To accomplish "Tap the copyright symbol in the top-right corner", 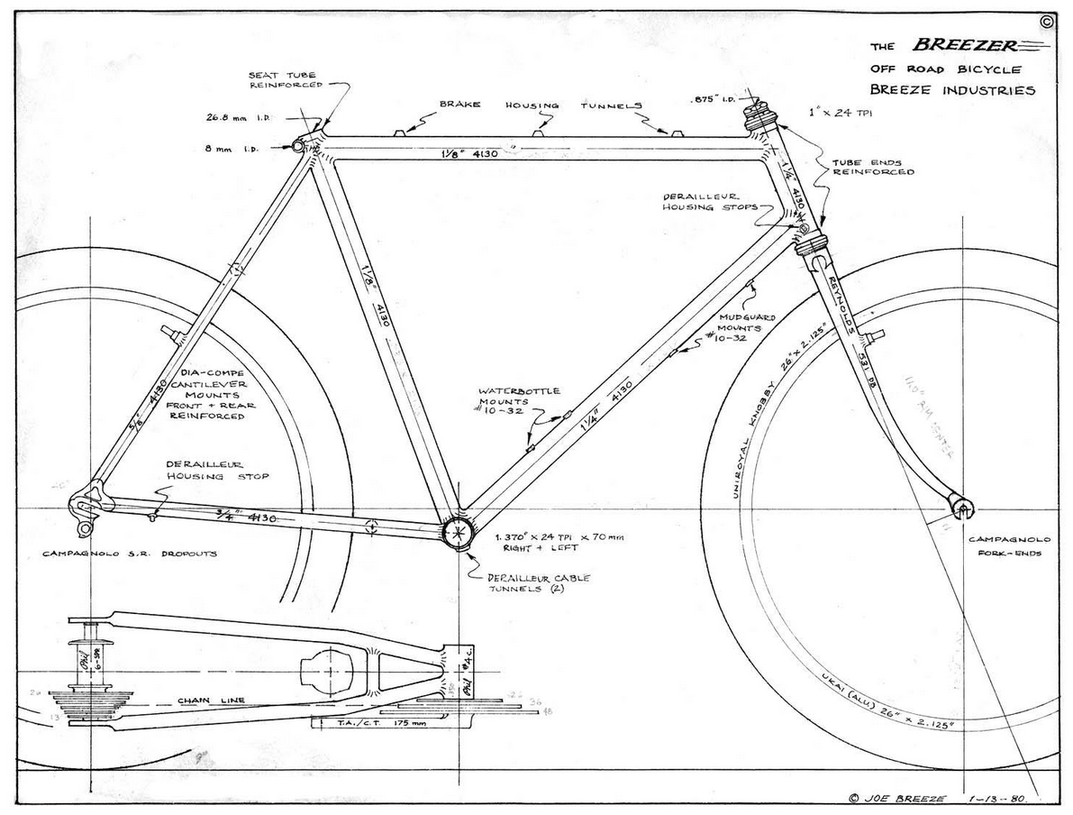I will tap(1045, 23).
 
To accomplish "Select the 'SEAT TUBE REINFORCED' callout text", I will tap(282, 79).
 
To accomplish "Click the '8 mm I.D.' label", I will tap(234, 149).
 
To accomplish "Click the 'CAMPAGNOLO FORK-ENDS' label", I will tap(1005, 546).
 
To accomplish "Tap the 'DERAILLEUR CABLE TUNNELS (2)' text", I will tap(539, 583).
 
